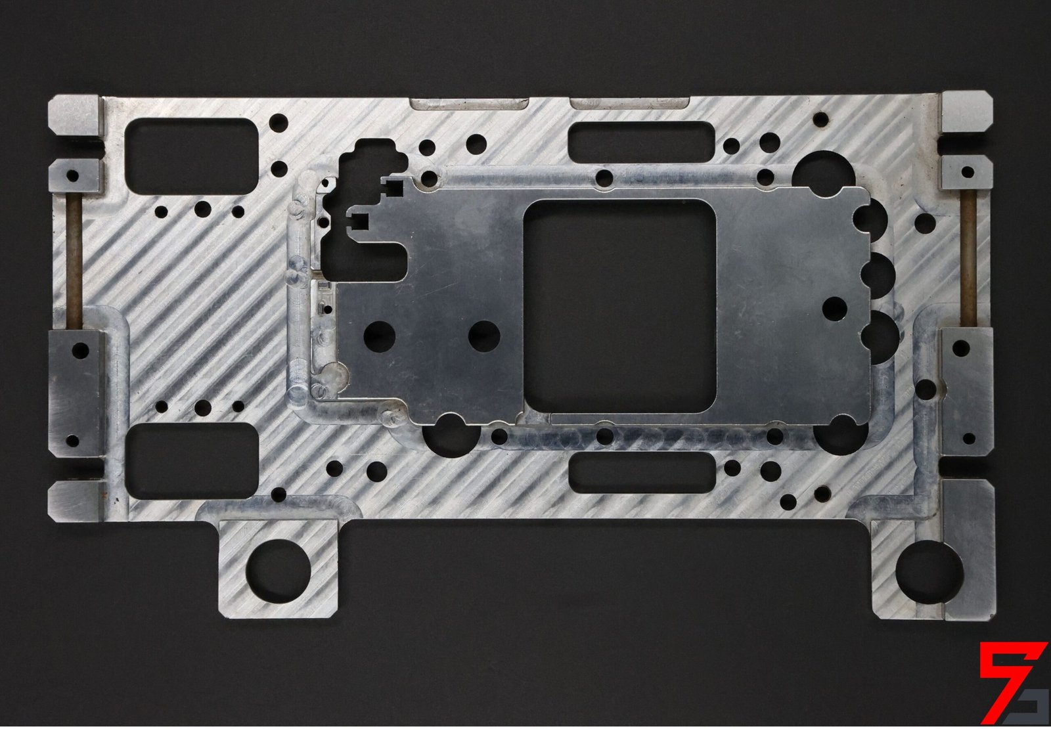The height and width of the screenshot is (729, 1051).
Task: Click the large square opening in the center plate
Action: tap(619, 306)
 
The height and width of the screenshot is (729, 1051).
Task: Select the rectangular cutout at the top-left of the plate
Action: tap(190, 156)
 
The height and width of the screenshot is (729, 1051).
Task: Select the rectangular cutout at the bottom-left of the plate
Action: tap(192, 459)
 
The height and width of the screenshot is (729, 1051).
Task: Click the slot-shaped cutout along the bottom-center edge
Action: tap(640, 472)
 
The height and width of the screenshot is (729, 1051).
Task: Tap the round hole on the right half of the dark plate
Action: tap(834, 308)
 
